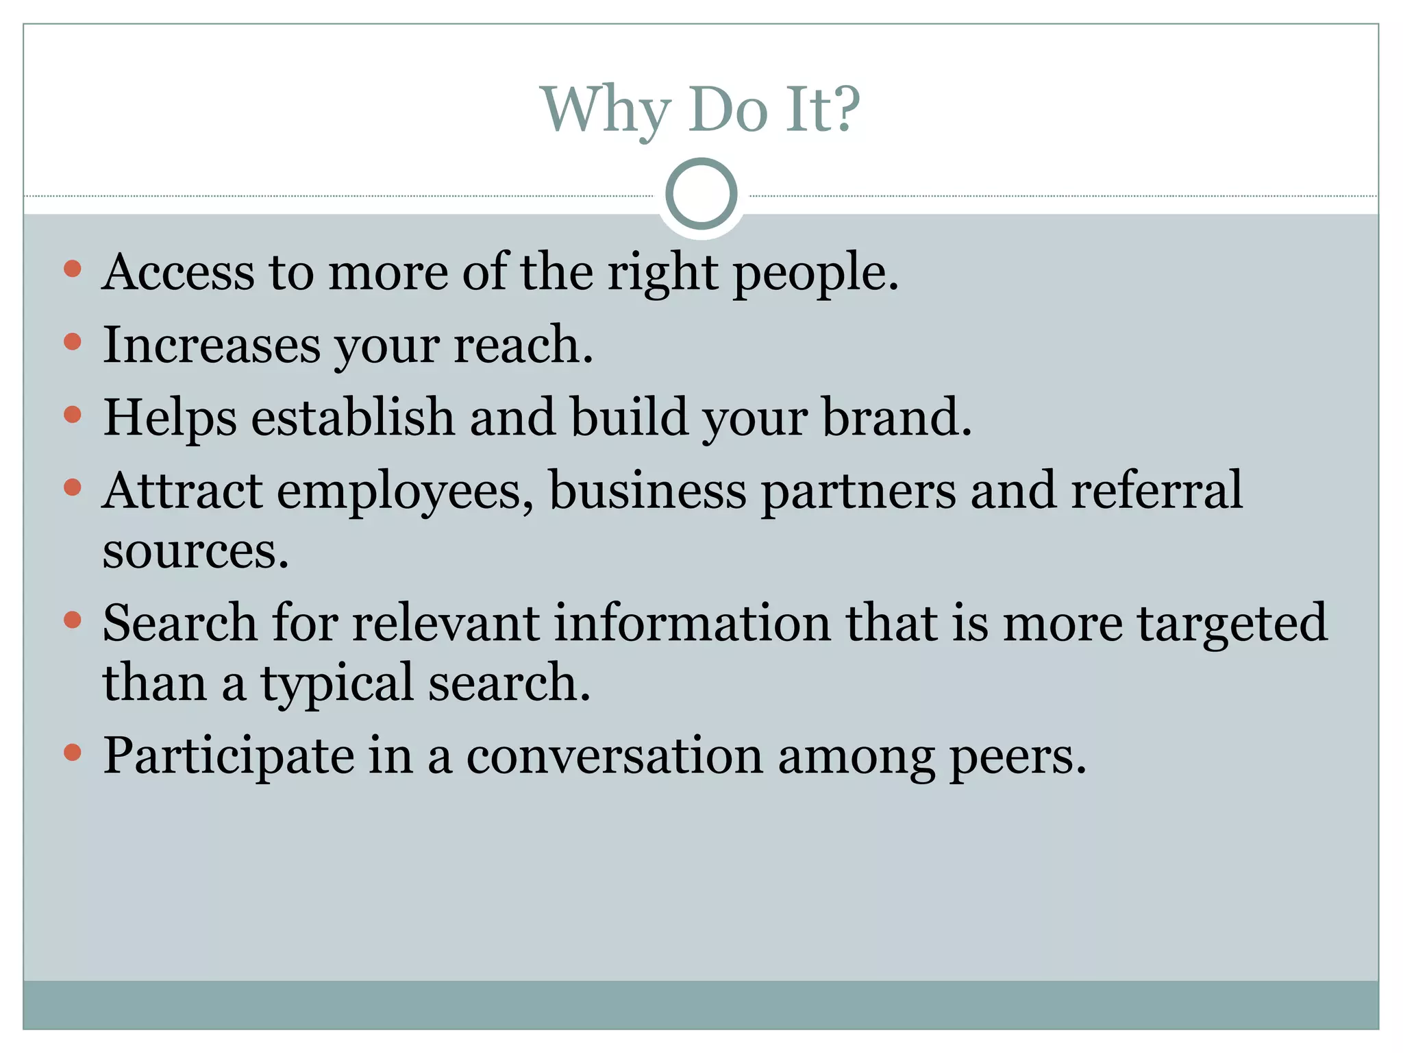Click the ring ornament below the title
tap(701, 194)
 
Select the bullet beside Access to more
tap(73, 268)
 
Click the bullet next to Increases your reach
tap(73, 341)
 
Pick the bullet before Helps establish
tap(73, 415)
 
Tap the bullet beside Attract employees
tap(73, 487)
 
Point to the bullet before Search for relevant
tap(73, 620)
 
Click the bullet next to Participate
tap(73, 753)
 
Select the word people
tap(815, 274)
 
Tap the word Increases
tap(212, 345)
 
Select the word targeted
tap(1232, 624)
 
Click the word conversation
tap(614, 756)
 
